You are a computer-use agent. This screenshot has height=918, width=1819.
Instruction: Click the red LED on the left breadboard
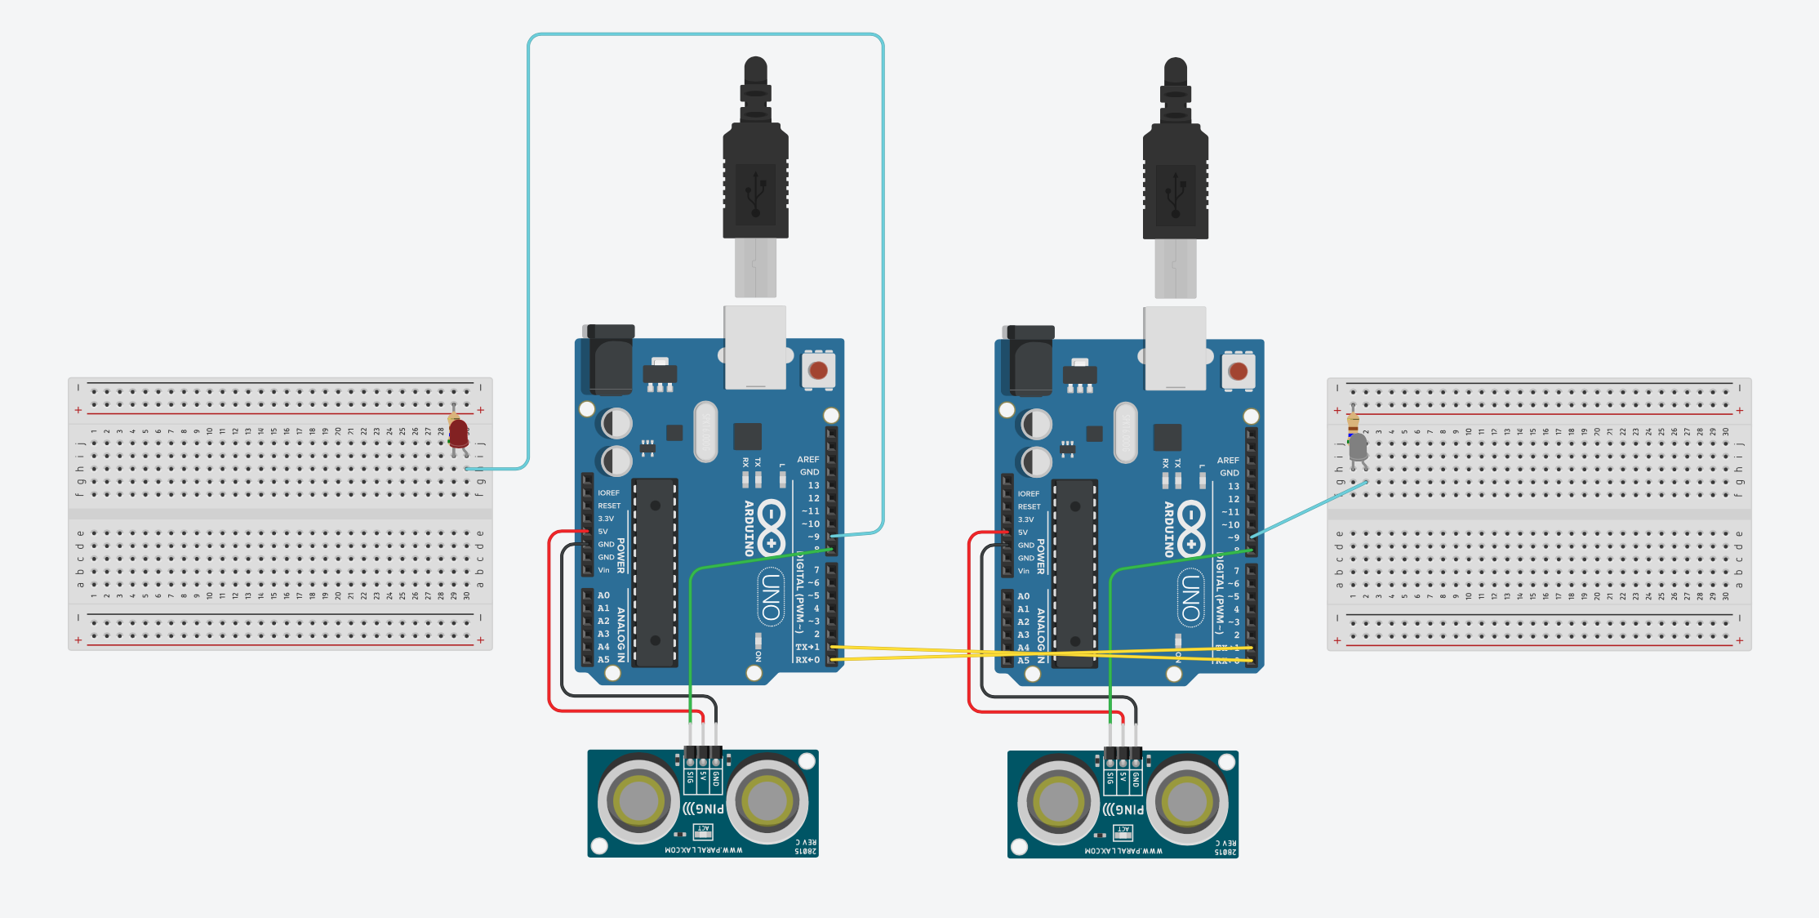click(x=459, y=432)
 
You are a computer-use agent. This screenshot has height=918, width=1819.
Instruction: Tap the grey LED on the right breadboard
click(x=1358, y=448)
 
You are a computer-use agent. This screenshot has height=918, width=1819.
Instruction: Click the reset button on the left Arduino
click(x=818, y=371)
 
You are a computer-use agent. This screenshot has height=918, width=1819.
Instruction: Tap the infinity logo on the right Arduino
click(x=1191, y=528)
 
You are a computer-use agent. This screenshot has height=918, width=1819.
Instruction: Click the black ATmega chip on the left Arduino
click(x=655, y=572)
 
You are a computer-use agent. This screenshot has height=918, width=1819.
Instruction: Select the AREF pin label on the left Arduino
click(x=808, y=460)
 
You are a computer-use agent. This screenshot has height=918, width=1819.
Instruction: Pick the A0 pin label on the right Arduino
click(x=1024, y=596)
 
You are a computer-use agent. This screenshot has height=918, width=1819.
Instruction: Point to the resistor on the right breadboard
click(x=1353, y=421)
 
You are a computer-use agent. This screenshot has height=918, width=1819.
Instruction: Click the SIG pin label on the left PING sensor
click(x=691, y=777)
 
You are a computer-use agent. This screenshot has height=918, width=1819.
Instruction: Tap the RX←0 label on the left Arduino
click(x=807, y=660)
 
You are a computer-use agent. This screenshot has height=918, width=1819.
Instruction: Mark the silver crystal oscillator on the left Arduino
click(x=705, y=430)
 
